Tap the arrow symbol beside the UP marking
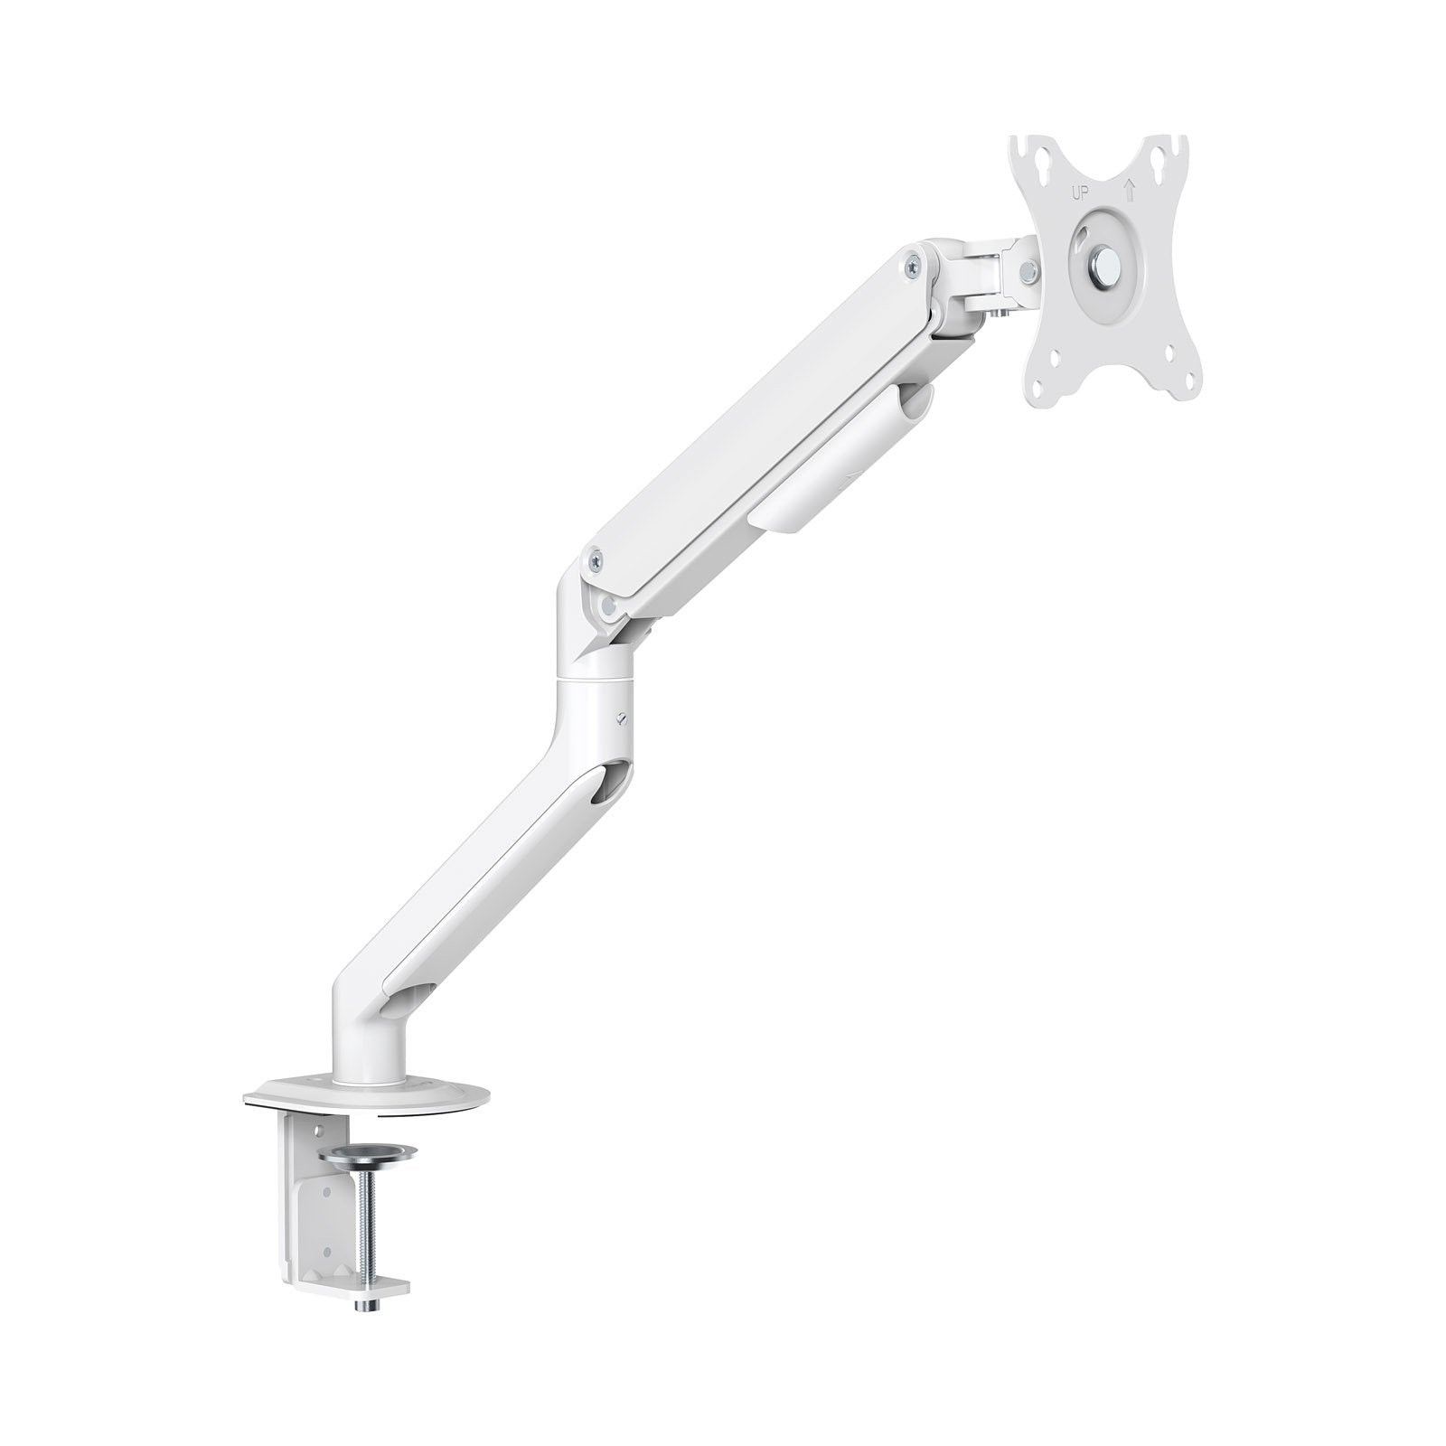[x=1128, y=191]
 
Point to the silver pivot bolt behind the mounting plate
[x=1028, y=268]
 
